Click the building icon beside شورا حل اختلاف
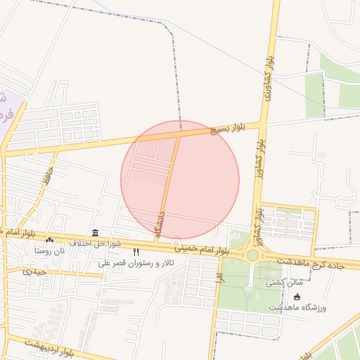pos(95,233)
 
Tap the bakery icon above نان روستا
pos(49,240)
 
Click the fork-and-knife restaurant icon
pos(136,252)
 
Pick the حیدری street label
pos(34,271)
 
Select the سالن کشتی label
pos(281,283)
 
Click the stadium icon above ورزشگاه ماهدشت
pos(297,297)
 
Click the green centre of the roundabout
pos(252,255)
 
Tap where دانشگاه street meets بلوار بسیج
pos(178,134)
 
